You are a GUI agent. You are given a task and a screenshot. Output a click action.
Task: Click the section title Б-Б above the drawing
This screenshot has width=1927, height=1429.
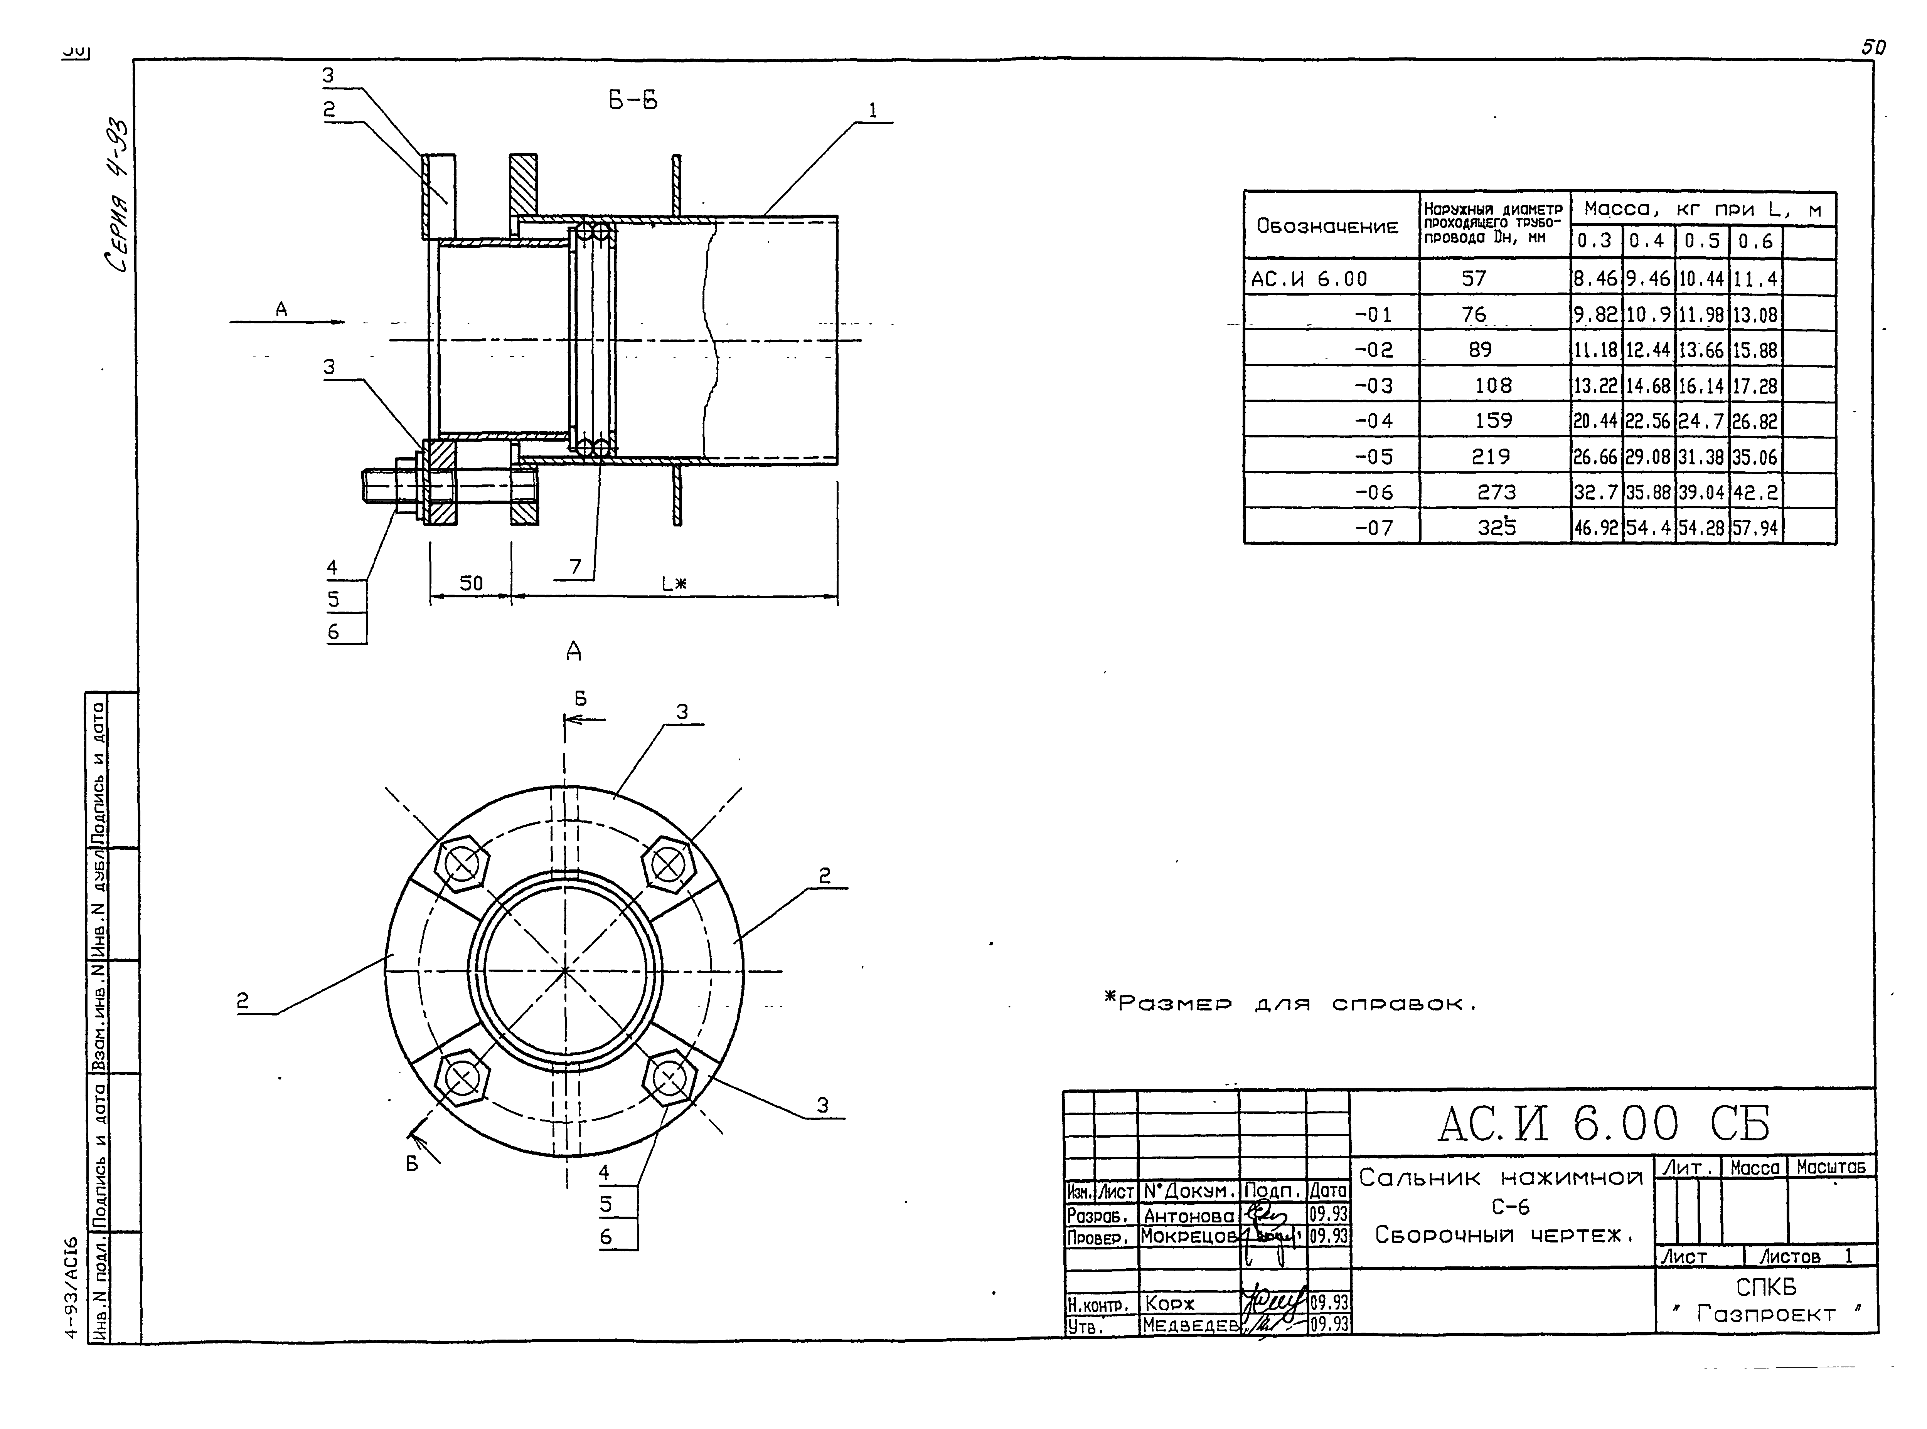633,101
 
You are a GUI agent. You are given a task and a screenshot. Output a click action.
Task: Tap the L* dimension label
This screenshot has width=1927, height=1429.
674,584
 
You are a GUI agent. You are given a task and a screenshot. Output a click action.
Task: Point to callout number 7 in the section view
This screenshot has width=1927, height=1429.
575,567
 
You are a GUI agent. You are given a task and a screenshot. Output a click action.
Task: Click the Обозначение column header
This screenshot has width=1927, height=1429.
1327,227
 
